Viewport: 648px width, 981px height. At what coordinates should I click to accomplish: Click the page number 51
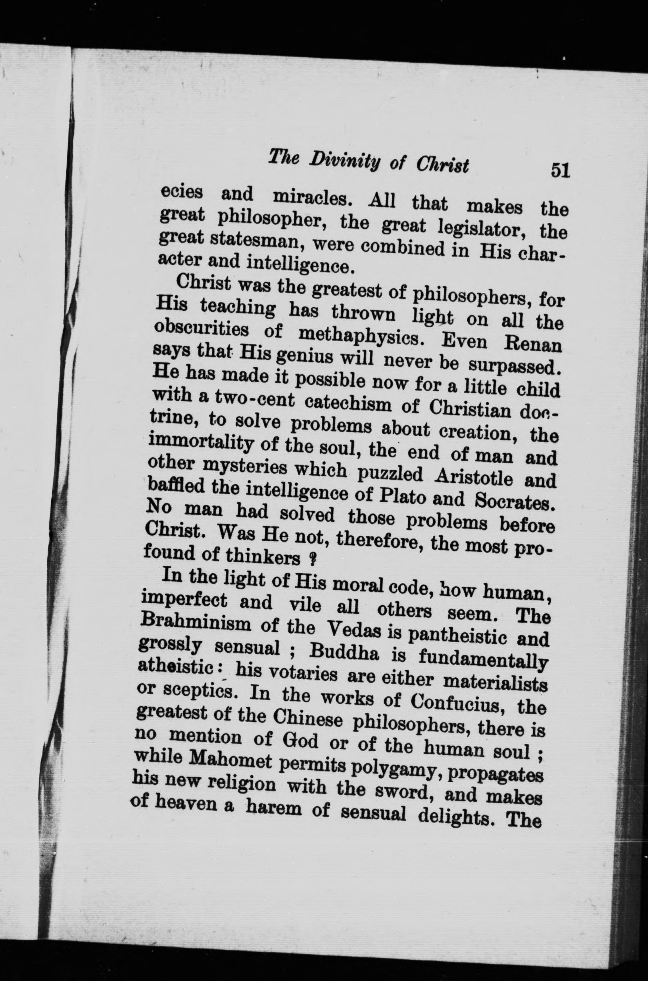click(560, 170)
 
